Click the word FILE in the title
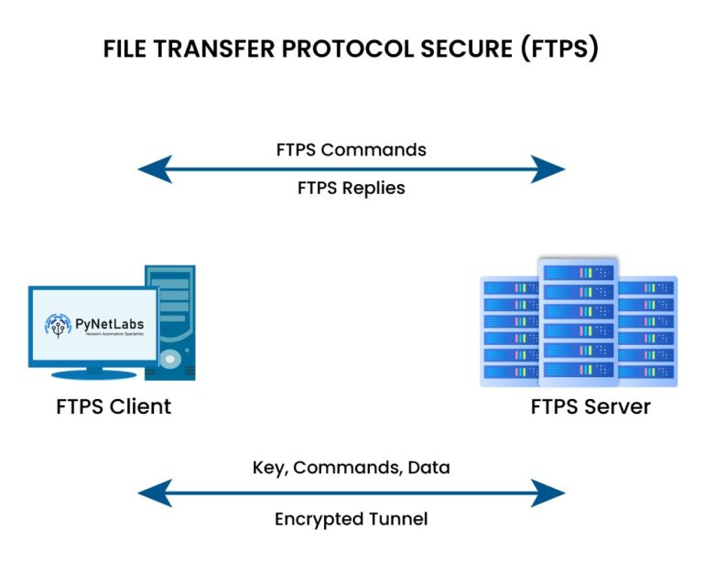(x=127, y=49)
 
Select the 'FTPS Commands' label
(x=351, y=149)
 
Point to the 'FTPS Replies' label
(x=351, y=189)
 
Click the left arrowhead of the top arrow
(x=154, y=169)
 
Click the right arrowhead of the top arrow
(x=548, y=169)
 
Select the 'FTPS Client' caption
(x=114, y=406)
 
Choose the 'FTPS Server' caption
(x=590, y=406)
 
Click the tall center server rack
(x=579, y=320)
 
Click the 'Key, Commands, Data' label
(x=351, y=468)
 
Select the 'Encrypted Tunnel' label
(x=351, y=519)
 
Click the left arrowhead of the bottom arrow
(x=154, y=493)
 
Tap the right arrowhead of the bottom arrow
(x=548, y=493)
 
